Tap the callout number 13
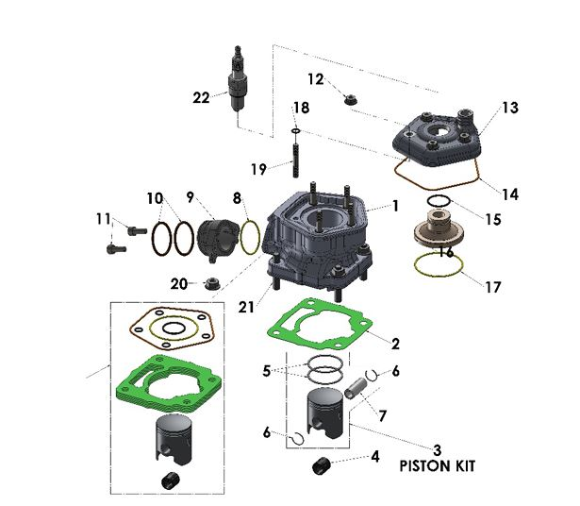(x=509, y=109)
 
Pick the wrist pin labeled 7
(x=356, y=389)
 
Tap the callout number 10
(x=155, y=198)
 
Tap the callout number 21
(x=246, y=307)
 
